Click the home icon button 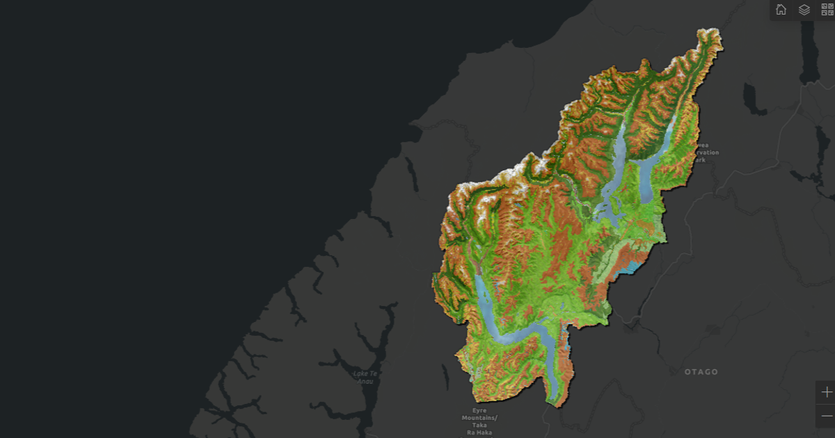(x=781, y=10)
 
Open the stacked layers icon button (x=804, y=10)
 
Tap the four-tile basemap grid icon (x=827, y=10)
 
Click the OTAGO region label (x=701, y=372)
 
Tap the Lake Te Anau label (x=365, y=377)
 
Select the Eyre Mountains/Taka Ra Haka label (x=479, y=421)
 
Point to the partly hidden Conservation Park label (x=705, y=152)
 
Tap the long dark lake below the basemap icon (x=810, y=56)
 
